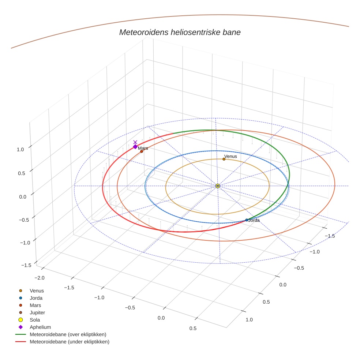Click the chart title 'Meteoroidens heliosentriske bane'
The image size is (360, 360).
[180, 32]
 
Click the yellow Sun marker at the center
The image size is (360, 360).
[218, 186]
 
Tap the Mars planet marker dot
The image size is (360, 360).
[142, 151]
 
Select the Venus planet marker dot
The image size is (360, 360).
[224, 159]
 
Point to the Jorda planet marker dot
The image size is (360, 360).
[247, 220]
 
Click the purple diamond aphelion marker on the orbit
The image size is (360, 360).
[135, 147]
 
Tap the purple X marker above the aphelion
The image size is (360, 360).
[135, 142]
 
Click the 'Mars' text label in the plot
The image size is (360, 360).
[143, 148]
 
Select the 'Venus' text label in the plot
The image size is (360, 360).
[230, 156]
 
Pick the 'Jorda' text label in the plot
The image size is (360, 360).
[254, 220]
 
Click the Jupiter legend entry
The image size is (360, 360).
[37, 312]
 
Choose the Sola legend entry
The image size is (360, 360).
[35, 320]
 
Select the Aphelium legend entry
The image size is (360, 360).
[40, 327]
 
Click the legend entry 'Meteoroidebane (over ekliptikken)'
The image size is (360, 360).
[68, 334]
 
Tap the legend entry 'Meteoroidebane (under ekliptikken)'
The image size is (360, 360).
[69, 342]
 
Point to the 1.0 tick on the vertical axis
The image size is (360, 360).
[20, 149]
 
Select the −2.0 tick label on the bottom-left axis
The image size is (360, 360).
[39, 278]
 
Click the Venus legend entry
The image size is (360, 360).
[37, 290]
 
